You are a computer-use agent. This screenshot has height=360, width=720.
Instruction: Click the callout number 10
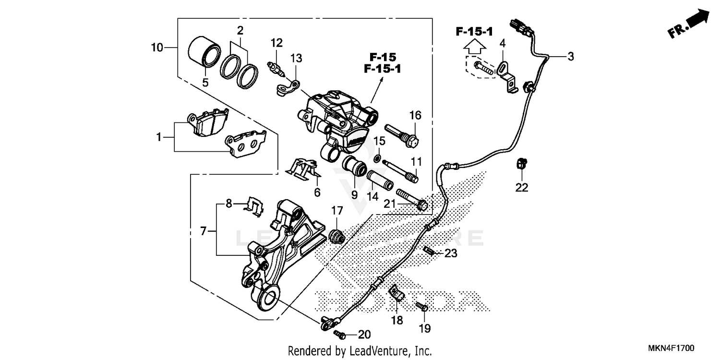(x=157, y=48)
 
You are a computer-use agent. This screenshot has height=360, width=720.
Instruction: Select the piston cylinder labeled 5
(x=203, y=51)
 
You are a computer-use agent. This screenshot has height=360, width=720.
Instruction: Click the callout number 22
(x=522, y=188)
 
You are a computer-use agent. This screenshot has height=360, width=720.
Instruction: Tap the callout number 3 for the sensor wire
(x=570, y=57)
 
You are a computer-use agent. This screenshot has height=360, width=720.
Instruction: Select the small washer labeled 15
(x=379, y=157)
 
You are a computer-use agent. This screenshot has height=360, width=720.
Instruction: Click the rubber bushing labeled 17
(x=337, y=236)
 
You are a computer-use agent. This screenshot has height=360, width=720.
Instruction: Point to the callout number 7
(x=204, y=232)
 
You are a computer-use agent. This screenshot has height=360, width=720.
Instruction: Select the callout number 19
(x=425, y=329)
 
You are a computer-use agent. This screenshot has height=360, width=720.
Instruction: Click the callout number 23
(x=451, y=253)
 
